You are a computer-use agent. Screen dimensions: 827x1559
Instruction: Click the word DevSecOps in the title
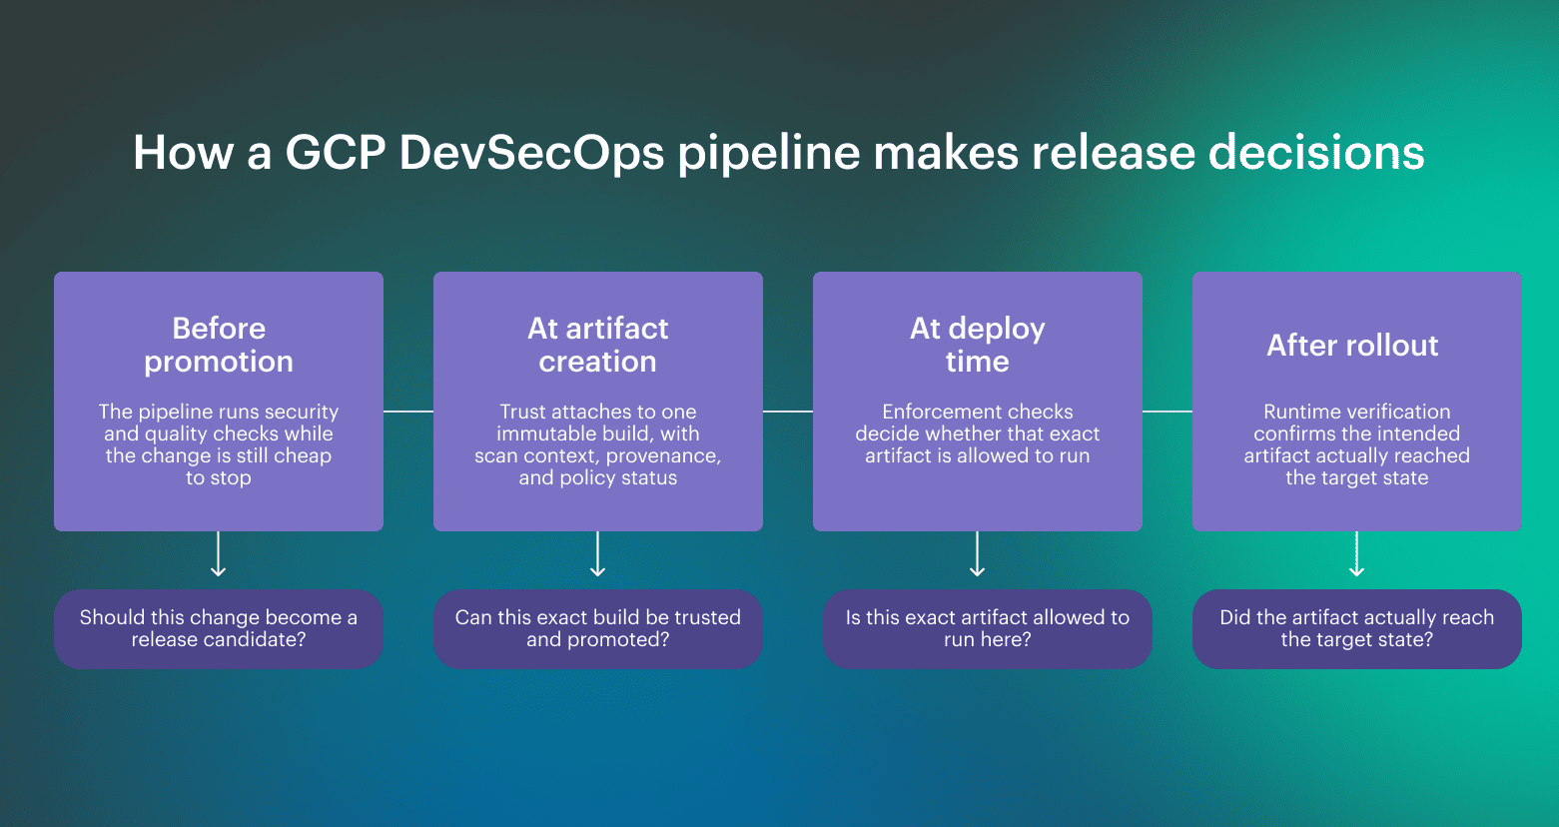[531, 153]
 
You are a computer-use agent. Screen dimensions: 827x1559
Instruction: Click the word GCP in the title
[334, 153]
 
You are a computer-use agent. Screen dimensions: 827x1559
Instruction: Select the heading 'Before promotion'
[219, 345]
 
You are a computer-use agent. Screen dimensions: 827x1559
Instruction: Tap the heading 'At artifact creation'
[597, 345]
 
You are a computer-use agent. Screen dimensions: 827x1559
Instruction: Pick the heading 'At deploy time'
[977, 345]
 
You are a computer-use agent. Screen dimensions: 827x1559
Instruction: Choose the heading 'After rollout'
[1352, 346]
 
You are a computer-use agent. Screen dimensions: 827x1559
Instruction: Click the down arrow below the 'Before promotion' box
[219, 555]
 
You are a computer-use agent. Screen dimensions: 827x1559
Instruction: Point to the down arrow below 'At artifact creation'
[598, 555]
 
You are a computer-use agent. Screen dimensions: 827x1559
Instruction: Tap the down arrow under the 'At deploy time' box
[978, 555]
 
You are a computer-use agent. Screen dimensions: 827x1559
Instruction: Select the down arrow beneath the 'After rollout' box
[1356, 555]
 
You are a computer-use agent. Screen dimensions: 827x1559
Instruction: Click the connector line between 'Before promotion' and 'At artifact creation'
[408, 412]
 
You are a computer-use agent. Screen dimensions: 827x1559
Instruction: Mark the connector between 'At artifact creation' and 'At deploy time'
[788, 412]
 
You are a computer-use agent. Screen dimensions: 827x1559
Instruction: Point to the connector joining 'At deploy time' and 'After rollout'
[1168, 412]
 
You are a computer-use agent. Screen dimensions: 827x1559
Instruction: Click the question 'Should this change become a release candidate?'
[219, 628]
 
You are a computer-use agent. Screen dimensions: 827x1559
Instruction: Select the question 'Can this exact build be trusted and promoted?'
[597, 628]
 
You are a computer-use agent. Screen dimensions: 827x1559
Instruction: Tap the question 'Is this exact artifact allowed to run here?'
[987, 628]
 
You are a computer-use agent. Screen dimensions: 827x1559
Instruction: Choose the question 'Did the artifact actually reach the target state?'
[1356, 628]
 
